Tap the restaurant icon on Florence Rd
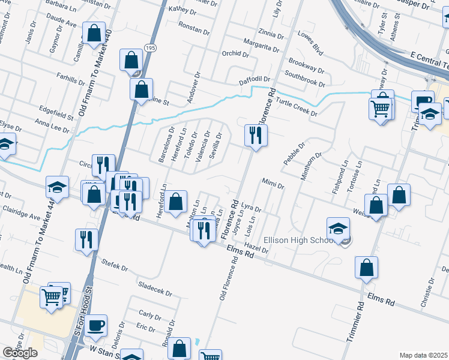point(256,135)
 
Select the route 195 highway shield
point(149,47)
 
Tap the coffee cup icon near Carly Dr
point(95,326)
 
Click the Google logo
point(20,353)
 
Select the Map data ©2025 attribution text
point(424,355)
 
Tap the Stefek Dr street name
point(115,265)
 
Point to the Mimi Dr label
point(273,182)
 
